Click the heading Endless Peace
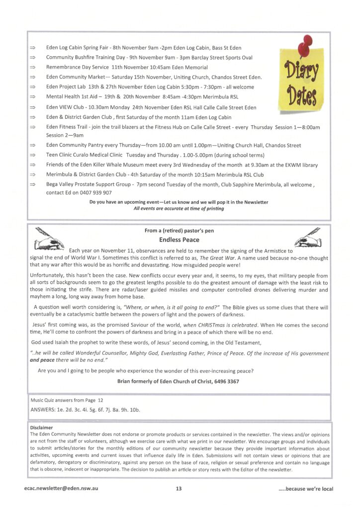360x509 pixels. click(x=180, y=240)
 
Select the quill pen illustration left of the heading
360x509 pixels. click(x=49, y=238)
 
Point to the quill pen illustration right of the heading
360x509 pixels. click(x=308, y=238)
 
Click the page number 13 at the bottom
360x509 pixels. click(x=179, y=489)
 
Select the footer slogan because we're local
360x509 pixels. click(x=306, y=489)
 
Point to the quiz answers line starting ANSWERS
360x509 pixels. click(x=86, y=410)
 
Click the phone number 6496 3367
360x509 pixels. click(x=226, y=381)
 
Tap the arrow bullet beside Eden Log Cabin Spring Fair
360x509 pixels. click(x=33, y=48)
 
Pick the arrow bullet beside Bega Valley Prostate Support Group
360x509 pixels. click(x=33, y=184)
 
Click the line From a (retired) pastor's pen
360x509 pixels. click(x=179, y=230)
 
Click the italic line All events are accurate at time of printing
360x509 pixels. click(x=179, y=209)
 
